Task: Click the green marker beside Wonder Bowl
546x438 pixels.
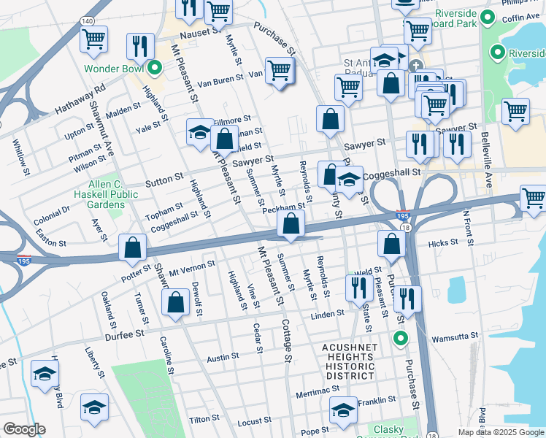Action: (x=154, y=69)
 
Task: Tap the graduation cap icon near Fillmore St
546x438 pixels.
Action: (x=199, y=132)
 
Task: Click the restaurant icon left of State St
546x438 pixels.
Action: (x=358, y=288)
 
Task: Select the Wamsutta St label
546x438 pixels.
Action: (x=454, y=337)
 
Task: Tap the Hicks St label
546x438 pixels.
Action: (x=442, y=242)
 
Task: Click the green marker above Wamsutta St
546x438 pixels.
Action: (x=399, y=338)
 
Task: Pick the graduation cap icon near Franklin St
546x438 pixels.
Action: (x=343, y=410)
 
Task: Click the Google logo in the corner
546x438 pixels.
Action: (x=24, y=429)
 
